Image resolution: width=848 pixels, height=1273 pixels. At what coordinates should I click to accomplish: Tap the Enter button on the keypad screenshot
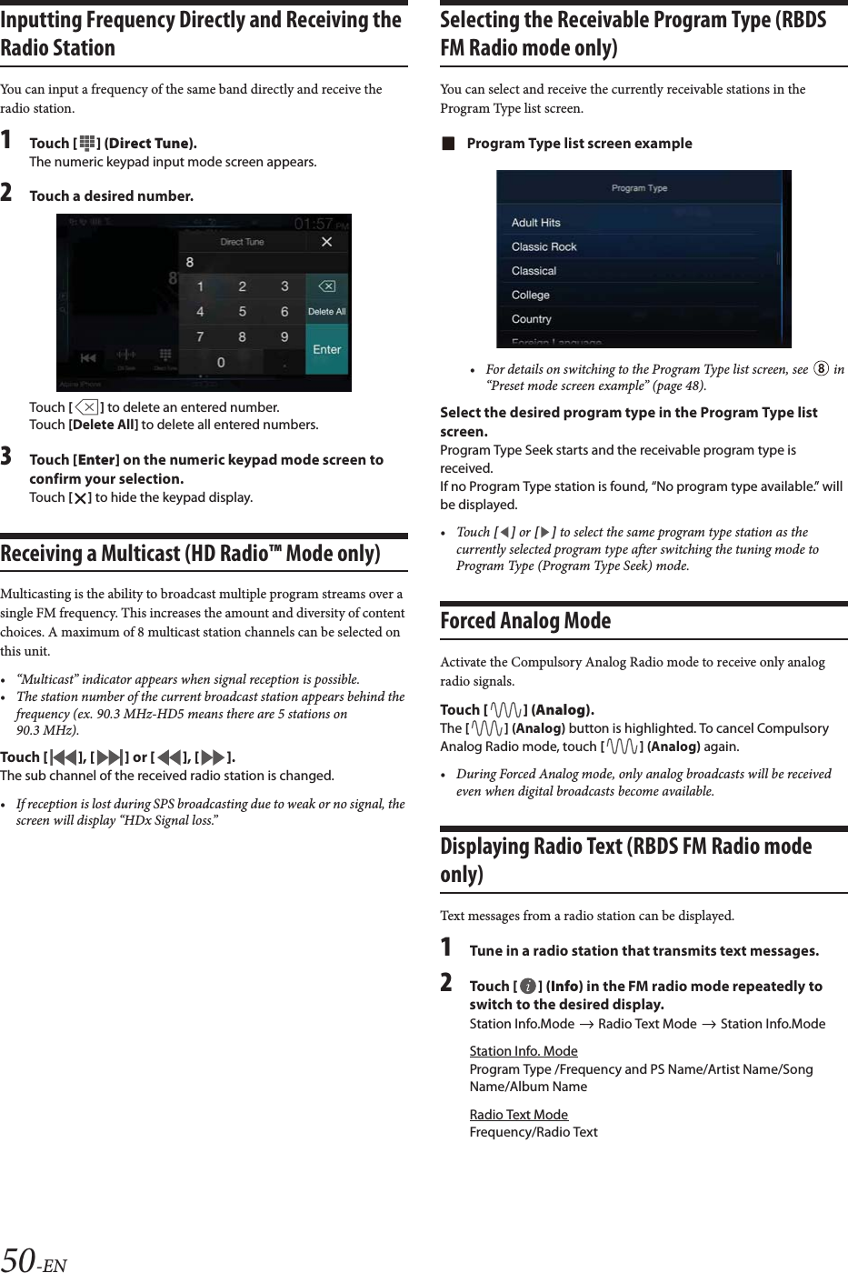(x=327, y=349)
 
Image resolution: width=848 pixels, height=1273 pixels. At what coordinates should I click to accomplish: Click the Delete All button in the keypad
(x=327, y=311)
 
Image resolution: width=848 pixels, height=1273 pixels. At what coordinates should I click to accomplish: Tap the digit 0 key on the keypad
(x=221, y=362)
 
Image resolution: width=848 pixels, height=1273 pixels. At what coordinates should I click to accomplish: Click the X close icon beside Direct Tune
(x=327, y=242)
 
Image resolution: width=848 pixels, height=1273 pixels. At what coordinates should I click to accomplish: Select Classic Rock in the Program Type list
(x=544, y=246)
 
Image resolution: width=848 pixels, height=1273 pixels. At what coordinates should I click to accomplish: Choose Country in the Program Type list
(x=532, y=319)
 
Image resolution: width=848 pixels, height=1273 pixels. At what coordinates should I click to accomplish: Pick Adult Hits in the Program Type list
(x=535, y=223)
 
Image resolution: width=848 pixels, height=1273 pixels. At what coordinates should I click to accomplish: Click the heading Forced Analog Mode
(x=525, y=621)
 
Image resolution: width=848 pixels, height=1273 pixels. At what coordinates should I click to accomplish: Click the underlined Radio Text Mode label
(x=518, y=1115)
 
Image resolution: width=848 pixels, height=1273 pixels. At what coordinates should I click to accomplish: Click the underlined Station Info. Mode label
(x=523, y=1051)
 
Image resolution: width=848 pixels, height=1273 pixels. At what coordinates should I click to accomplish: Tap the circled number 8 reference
(x=821, y=369)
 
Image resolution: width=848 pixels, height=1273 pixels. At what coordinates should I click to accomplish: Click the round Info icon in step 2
(x=528, y=987)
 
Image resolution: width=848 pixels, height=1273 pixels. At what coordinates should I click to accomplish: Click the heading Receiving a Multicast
(x=190, y=554)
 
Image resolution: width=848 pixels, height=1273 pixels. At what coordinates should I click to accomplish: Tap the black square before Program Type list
(x=446, y=144)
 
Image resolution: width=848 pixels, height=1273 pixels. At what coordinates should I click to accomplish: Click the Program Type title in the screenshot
(x=639, y=188)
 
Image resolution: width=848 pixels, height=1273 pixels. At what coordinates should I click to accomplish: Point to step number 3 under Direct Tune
(x=7, y=457)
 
